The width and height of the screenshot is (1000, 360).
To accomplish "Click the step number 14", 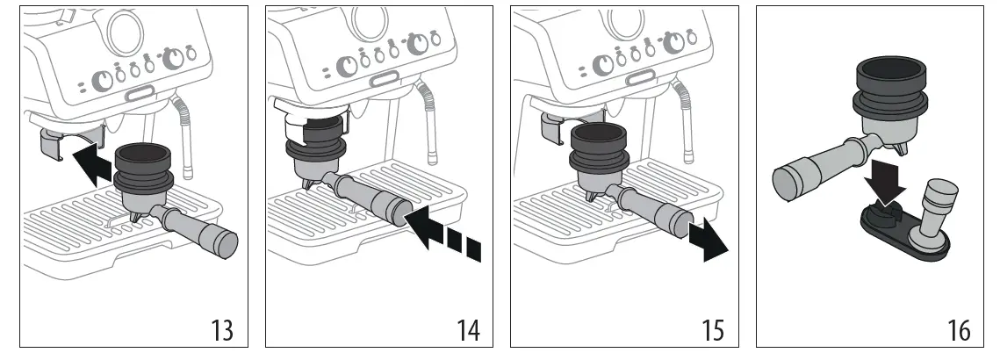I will tap(468, 330).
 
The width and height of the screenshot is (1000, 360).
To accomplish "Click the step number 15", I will tap(713, 330).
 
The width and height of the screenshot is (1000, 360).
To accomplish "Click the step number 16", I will tap(959, 330).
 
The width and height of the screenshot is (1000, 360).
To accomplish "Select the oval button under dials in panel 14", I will tap(383, 79).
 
